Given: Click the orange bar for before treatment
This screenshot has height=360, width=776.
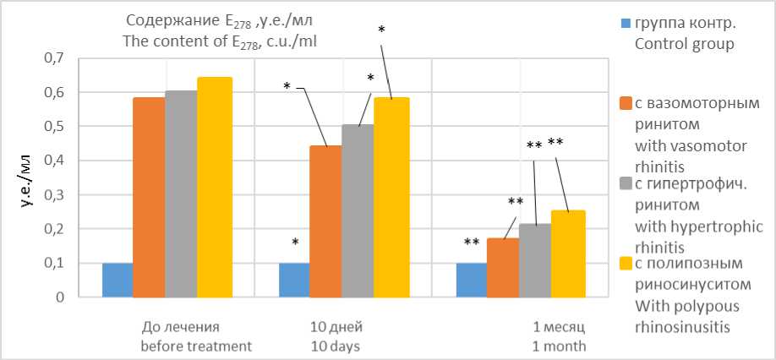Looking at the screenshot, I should tap(149, 197).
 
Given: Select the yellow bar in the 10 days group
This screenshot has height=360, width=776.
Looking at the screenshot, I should tap(391, 197).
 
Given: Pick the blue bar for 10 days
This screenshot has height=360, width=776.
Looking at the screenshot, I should tap(294, 280).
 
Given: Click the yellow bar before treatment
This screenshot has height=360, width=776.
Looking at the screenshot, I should tap(215, 187).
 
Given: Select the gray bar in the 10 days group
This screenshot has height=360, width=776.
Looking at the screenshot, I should tap(358, 211).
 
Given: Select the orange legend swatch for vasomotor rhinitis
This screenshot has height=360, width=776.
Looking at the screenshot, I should tap(626, 103).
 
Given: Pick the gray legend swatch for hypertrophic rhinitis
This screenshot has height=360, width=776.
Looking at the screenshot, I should tap(626, 183).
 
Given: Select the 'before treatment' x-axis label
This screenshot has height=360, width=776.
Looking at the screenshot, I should tap(196, 346).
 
